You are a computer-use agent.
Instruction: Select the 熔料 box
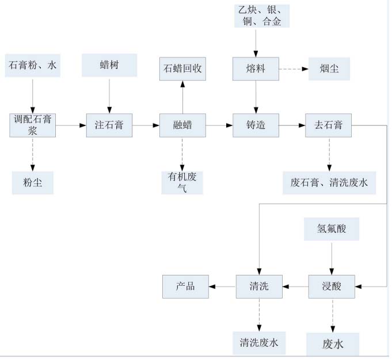pos(256,70)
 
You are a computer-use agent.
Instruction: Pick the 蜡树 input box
pos(109,65)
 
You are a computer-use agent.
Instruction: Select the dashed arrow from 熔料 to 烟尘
pos(294,70)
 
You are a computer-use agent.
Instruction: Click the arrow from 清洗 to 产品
pos(222,286)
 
